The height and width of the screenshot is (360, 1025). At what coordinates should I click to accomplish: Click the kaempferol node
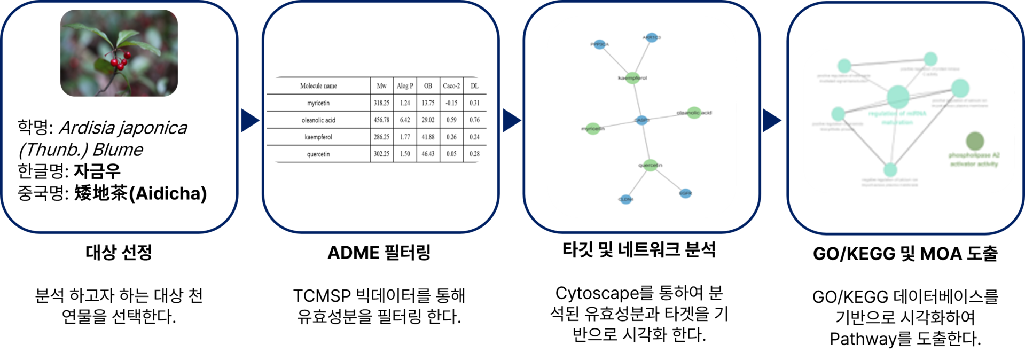click(632, 78)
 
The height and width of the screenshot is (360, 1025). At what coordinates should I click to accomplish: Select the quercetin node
click(650, 165)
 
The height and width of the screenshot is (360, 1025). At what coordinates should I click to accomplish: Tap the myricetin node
click(593, 129)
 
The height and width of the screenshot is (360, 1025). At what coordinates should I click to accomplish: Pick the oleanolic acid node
click(694, 113)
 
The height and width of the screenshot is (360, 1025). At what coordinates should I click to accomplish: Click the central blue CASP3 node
click(642, 120)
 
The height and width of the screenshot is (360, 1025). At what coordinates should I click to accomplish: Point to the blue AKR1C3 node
click(652, 37)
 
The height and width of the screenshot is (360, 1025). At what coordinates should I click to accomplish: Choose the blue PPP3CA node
click(600, 44)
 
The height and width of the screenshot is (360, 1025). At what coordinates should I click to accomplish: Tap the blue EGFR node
click(686, 193)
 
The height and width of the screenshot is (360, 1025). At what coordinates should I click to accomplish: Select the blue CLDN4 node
click(626, 199)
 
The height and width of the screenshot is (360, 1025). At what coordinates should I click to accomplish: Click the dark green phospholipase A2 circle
click(975, 141)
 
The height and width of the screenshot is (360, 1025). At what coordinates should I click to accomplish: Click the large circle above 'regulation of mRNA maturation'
click(898, 97)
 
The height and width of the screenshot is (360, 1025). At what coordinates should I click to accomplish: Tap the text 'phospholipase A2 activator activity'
click(974, 160)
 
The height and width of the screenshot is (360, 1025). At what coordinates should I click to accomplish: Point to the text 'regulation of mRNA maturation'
click(897, 118)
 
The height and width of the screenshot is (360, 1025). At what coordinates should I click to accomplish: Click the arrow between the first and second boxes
click(249, 120)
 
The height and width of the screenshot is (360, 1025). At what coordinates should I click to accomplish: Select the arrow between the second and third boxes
click(511, 120)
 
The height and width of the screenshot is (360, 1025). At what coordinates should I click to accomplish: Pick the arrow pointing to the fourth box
click(771, 120)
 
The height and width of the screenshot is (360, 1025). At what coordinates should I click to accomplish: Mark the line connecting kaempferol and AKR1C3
click(642, 58)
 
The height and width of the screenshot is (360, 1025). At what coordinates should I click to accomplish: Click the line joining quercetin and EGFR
click(668, 179)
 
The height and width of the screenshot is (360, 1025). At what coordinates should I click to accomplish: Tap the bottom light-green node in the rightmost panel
click(890, 170)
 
